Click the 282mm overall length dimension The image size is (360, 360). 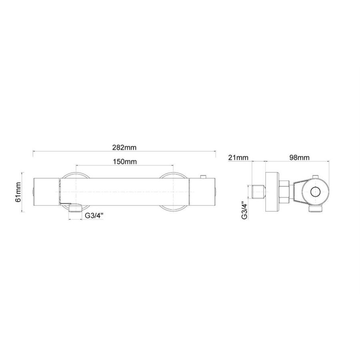pos(124,147)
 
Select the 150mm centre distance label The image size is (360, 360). pos(124,162)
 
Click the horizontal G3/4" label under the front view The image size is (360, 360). pos(95,216)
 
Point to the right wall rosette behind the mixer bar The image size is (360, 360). pos(172,175)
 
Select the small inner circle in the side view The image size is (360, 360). pos(316,192)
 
